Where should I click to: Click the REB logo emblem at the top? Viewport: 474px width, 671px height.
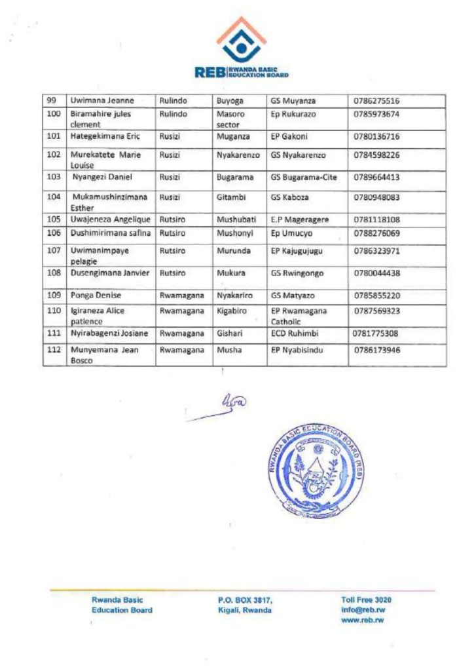[241, 41]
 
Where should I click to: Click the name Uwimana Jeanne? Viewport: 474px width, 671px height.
[102, 101]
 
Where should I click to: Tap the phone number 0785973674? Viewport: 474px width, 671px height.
[376, 114]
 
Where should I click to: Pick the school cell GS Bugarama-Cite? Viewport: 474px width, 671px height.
[304, 177]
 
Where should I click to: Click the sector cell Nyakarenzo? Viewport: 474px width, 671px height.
[238, 155]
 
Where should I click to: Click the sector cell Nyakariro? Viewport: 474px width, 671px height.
[235, 295]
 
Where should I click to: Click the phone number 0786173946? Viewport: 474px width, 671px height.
[376, 350]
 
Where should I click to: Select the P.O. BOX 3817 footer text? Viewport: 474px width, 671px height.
[245, 600]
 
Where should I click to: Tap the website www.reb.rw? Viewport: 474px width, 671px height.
[363, 620]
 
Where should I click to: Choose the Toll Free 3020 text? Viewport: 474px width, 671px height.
[367, 600]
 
